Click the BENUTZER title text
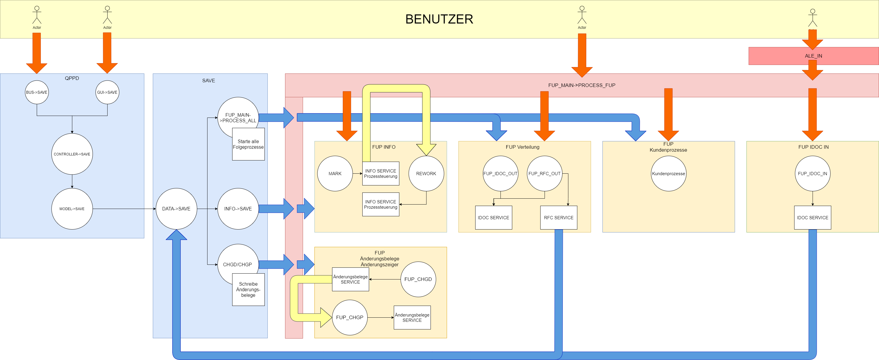[439, 19]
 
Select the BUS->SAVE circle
[36, 92]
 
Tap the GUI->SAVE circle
[107, 92]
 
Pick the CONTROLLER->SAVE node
[72, 154]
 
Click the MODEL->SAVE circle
[72, 208]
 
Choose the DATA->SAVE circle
[176, 208]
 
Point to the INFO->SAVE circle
[238, 208]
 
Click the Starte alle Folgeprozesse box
[248, 144]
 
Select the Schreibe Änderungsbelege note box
[248, 289]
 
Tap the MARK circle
[335, 173]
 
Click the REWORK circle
[426, 173]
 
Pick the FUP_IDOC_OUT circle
[500, 173]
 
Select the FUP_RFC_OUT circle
[544, 173]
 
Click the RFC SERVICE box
[559, 217]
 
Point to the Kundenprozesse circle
[668, 173]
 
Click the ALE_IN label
[813, 56]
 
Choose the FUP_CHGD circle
[418, 279]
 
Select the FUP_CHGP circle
[349, 317]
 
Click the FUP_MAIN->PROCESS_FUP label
[582, 85]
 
